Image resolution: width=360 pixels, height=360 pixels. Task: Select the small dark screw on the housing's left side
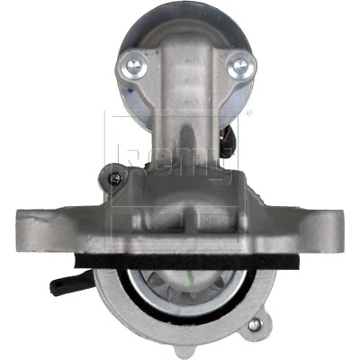coord(115,178)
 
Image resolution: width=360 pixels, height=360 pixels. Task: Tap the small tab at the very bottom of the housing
coord(186,354)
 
